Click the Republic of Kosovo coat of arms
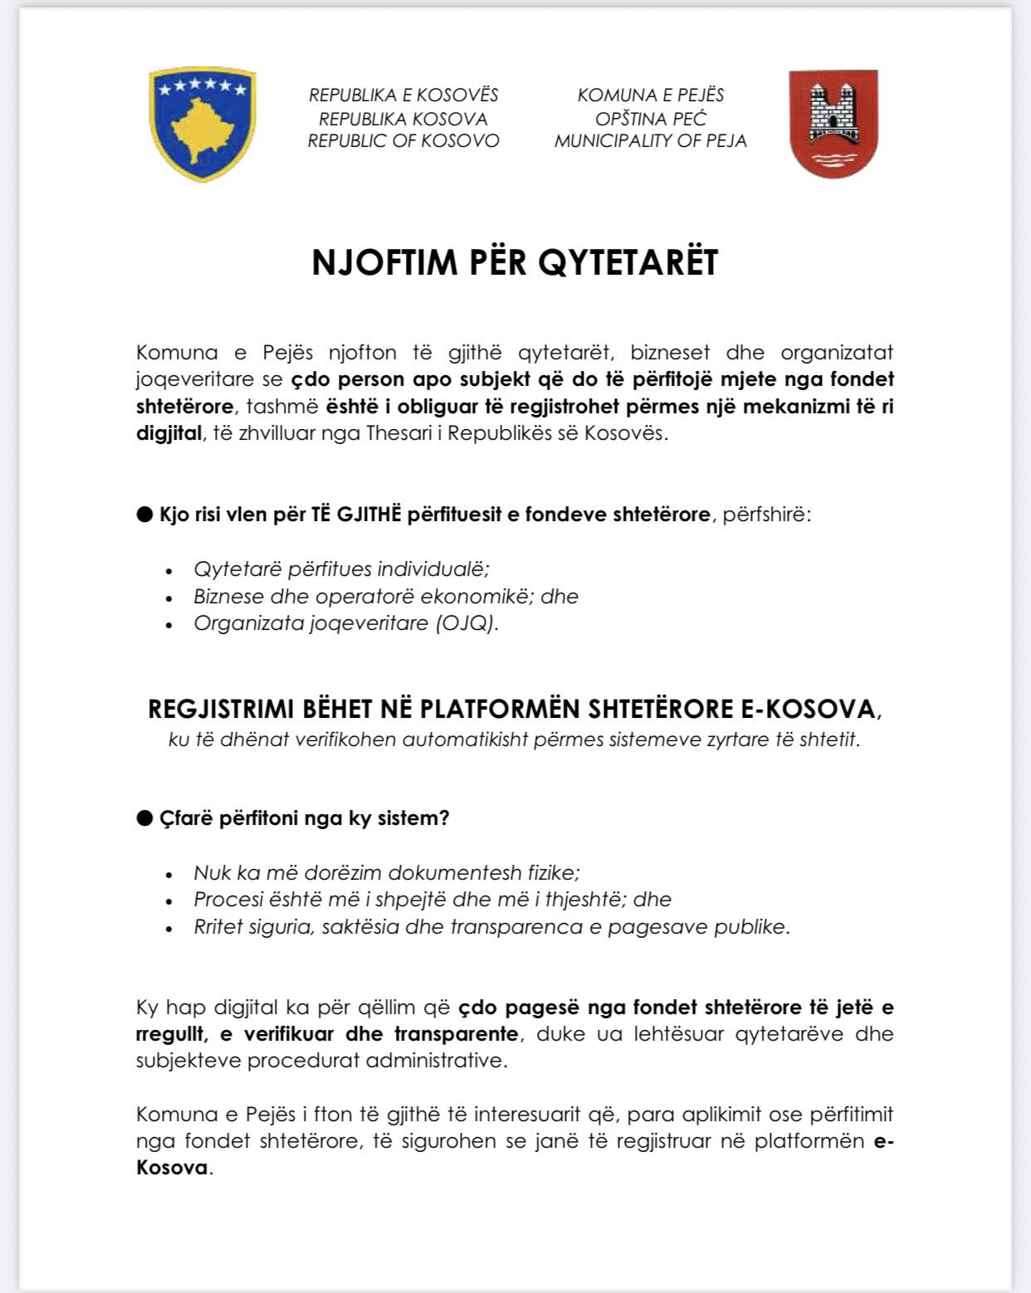(202, 124)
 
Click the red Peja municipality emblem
(833, 124)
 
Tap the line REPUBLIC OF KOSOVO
(403, 141)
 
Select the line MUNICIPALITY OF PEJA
(650, 141)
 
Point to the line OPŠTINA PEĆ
(650, 119)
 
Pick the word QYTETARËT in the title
(628, 262)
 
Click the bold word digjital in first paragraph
(169, 433)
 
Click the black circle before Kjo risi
(145, 515)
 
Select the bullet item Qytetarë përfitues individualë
(341, 569)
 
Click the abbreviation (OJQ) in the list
(467, 623)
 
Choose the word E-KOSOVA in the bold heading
(807, 710)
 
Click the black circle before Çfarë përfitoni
(145, 818)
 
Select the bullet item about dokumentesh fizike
(387, 873)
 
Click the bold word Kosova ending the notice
(172, 1168)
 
